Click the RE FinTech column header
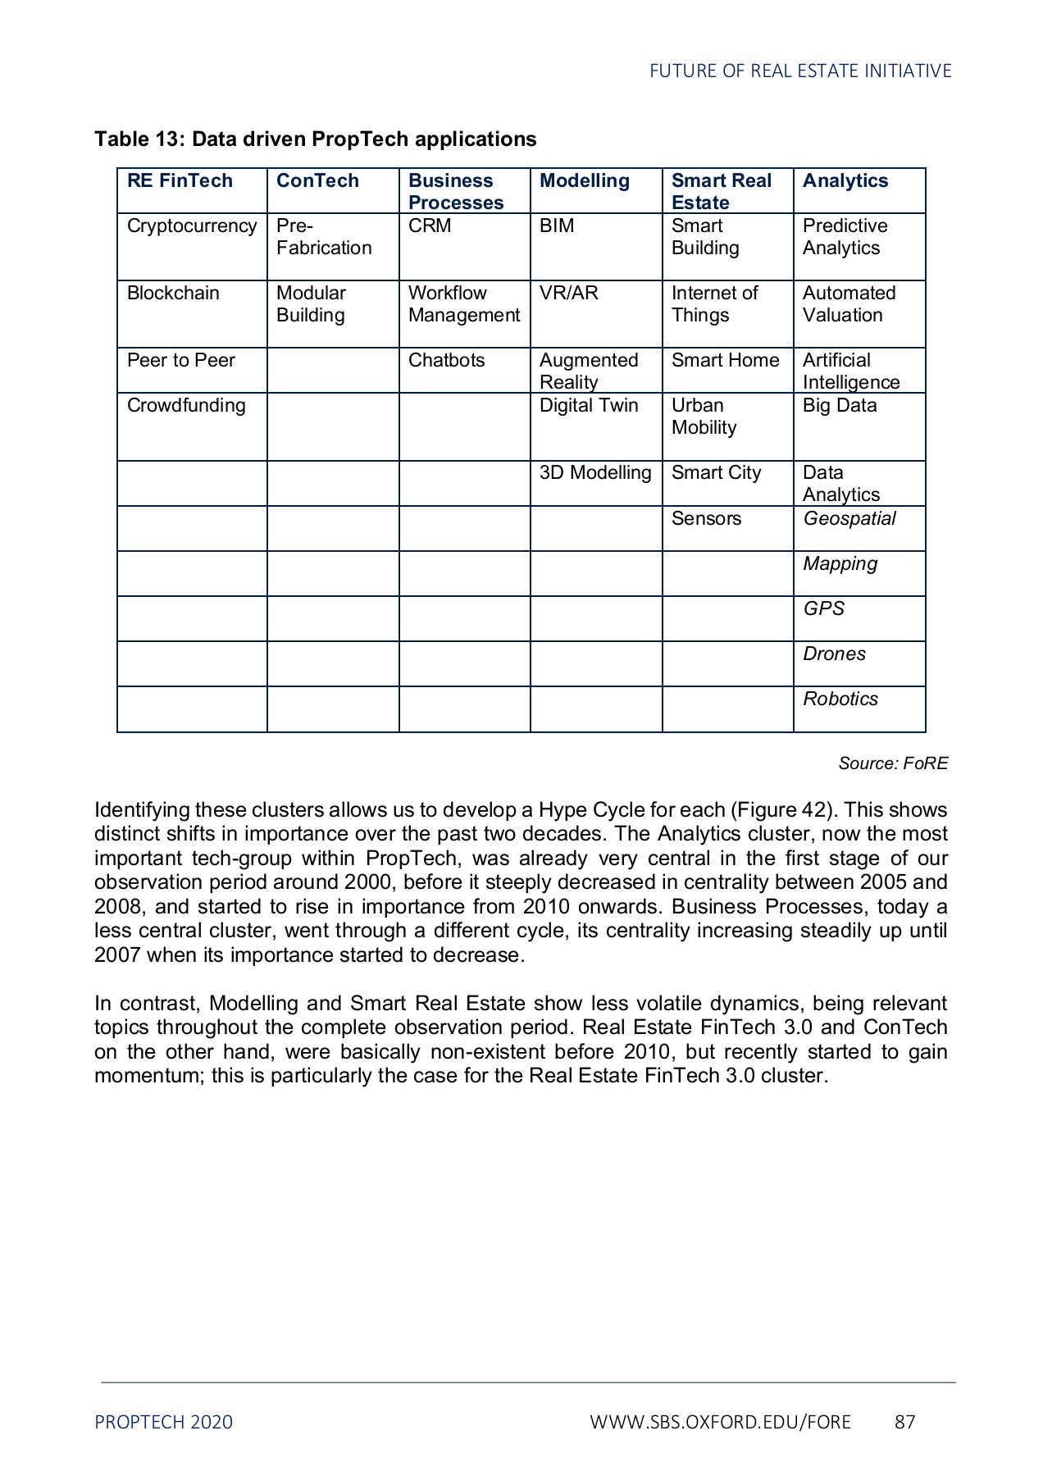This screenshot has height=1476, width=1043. [180, 181]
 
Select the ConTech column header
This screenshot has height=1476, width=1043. [317, 181]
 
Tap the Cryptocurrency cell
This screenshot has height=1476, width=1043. [191, 226]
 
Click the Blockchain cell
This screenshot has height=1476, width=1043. [173, 294]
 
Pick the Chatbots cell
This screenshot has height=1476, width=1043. [446, 361]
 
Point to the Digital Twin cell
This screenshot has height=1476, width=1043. [588, 406]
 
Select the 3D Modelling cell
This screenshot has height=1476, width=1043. [594, 473]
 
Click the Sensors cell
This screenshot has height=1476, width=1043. [706, 519]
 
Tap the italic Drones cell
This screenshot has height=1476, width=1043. [834, 654]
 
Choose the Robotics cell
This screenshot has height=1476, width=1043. [840, 699]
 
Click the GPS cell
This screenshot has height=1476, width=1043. [822, 609]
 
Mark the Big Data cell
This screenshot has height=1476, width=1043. [839, 406]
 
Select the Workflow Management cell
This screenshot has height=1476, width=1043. [463, 304]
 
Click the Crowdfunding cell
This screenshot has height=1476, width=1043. [186, 406]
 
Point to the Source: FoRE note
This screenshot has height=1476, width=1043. [892, 763]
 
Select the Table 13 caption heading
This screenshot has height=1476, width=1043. [315, 139]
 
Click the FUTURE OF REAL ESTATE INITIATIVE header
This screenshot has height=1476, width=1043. [799, 71]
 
